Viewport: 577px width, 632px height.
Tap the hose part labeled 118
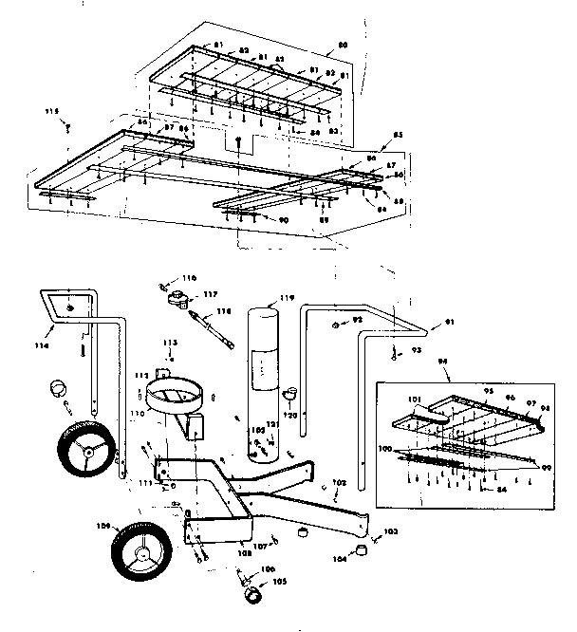pyautogui.click(x=214, y=325)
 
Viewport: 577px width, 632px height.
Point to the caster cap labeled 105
pyautogui.click(x=254, y=595)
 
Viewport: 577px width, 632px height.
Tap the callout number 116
pyautogui.click(x=190, y=277)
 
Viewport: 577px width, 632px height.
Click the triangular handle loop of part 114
pyautogui.click(x=65, y=306)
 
